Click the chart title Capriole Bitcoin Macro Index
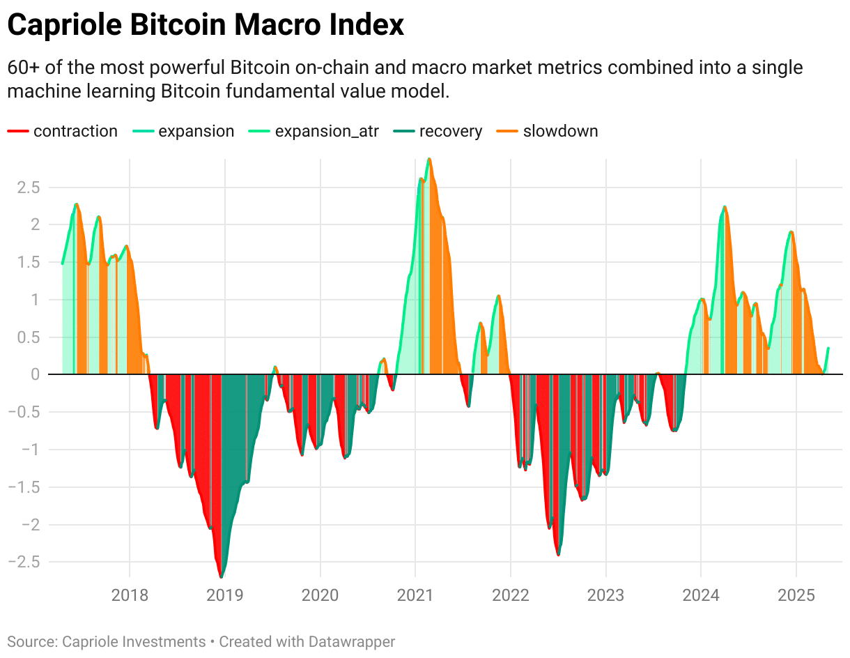[x=206, y=25]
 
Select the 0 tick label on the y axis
[x=34, y=374]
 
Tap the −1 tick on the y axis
[x=29, y=450]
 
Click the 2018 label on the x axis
[x=130, y=596]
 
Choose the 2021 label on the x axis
[x=415, y=596]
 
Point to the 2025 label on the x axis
[x=796, y=596]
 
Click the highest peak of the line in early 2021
[x=429, y=159]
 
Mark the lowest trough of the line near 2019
[x=222, y=576]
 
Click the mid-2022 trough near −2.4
[x=558, y=554]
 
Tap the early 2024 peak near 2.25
[x=725, y=206]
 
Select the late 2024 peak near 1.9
[x=791, y=231]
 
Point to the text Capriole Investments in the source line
[x=134, y=641]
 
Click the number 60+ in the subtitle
[x=22, y=68]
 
